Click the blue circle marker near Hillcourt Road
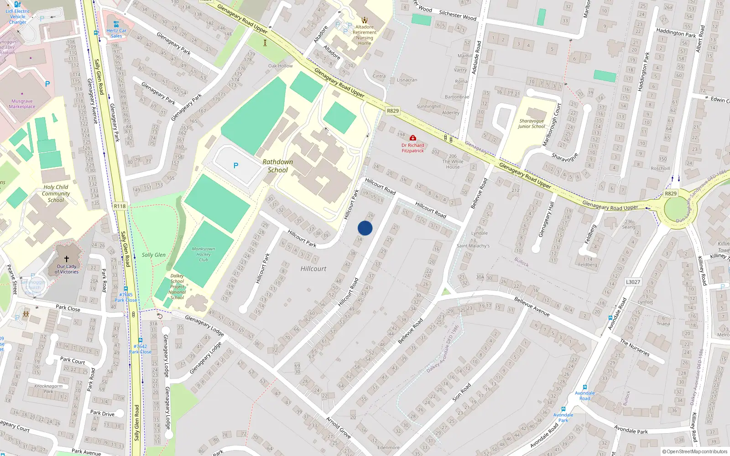365,228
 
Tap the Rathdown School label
277,166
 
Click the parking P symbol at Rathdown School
236,166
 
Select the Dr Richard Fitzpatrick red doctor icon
412,138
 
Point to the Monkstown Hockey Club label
203,254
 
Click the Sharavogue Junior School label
532,124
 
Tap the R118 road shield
120,206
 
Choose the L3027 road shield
633,282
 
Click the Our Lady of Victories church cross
67,259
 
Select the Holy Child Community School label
56,193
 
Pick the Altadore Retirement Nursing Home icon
365,20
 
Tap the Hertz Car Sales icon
116,25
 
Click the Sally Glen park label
154,255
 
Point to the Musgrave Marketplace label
22,104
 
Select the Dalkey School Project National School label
177,287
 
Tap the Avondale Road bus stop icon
585,387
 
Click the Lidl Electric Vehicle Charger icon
17,5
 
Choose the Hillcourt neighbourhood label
313,269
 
